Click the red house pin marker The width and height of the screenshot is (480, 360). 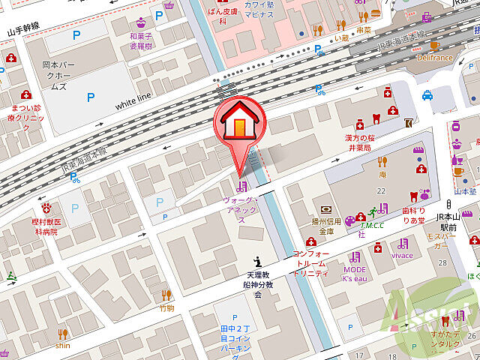pyautogui.click(x=238, y=124)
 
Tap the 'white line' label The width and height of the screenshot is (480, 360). pyautogui.click(x=133, y=101)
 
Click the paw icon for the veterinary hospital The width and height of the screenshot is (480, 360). pyautogui.click(x=46, y=205)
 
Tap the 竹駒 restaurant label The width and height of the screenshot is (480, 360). pyautogui.click(x=166, y=307)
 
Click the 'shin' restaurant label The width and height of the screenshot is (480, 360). pyautogui.click(x=62, y=346)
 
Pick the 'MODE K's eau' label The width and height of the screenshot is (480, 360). pyautogui.click(x=355, y=274)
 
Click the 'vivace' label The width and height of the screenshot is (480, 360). pyautogui.click(x=403, y=255)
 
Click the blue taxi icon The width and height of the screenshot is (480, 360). pyautogui.click(x=427, y=95)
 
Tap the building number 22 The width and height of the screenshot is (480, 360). pyautogui.click(x=381, y=191)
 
